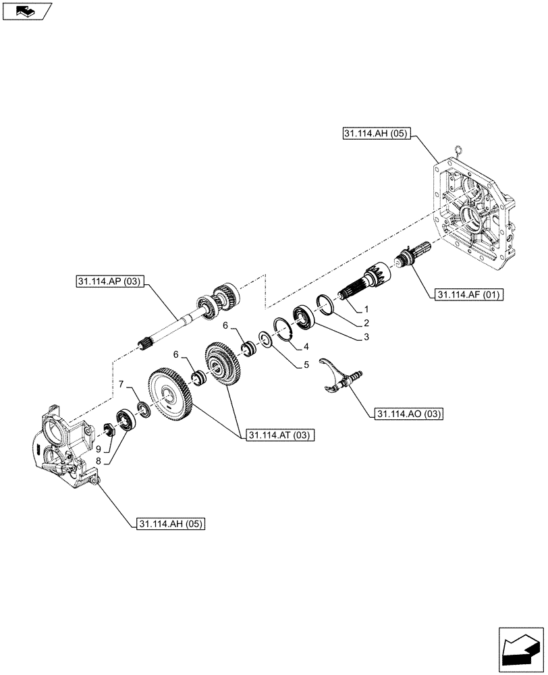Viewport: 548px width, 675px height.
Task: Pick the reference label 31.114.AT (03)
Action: pos(279,435)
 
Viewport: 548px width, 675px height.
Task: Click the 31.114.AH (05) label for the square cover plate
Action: pos(376,134)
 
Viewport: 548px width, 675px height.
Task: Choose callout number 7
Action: pos(121,384)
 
